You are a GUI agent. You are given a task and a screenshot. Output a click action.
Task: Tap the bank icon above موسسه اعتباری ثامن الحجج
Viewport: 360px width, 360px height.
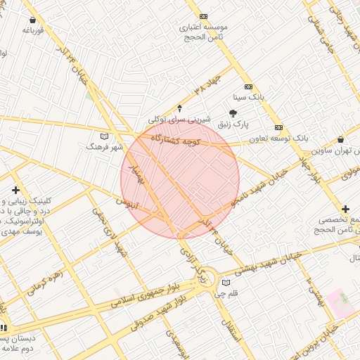(x=203, y=16)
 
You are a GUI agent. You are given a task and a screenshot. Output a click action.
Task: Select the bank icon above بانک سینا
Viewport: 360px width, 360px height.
(x=248, y=86)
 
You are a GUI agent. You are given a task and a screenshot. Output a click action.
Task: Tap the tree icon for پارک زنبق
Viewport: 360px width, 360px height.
(x=233, y=112)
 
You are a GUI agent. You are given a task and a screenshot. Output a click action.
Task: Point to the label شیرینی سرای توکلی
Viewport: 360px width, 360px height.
(x=179, y=120)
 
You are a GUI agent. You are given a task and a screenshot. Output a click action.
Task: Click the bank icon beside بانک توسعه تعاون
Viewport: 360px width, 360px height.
(x=279, y=127)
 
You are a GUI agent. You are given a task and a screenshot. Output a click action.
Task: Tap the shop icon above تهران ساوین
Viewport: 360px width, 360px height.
(x=341, y=139)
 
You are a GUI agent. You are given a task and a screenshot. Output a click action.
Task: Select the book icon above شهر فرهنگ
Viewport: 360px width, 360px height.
(x=105, y=136)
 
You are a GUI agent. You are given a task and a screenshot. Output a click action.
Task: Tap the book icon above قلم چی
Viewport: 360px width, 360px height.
(x=226, y=283)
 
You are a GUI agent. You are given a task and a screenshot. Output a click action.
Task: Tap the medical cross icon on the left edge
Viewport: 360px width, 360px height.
(x=15, y=191)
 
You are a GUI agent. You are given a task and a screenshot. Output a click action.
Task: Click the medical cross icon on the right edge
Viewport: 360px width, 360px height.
(x=345, y=209)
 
